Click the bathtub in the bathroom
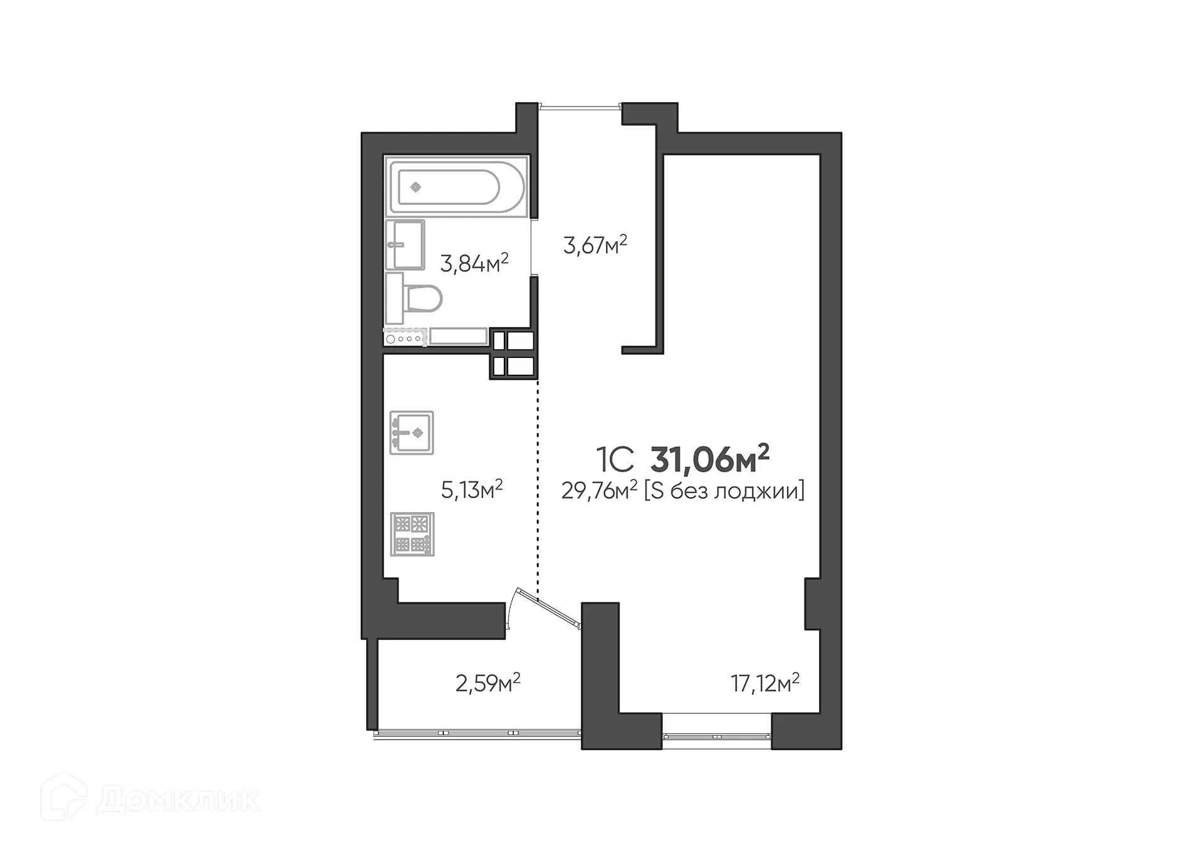pyautogui.click(x=456, y=186)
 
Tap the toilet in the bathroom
pyautogui.click(x=421, y=299)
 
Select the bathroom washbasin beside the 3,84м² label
pyautogui.click(x=405, y=244)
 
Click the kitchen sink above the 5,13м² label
pyautogui.click(x=412, y=432)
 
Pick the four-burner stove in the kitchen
pyautogui.click(x=412, y=534)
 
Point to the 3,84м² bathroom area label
pyautogui.click(x=474, y=263)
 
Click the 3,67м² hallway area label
pyautogui.click(x=595, y=244)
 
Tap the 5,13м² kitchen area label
pyautogui.click(x=472, y=489)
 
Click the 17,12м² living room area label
pyautogui.click(x=765, y=683)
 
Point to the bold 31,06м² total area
pyautogui.click(x=710, y=459)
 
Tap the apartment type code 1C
pyautogui.click(x=615, y=460)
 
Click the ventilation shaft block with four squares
pyautogui.click(x=513, y=353)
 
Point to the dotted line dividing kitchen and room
pyautogui.click(x=538, y=489)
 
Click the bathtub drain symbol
pyautogui.click(x=415, y=187)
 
